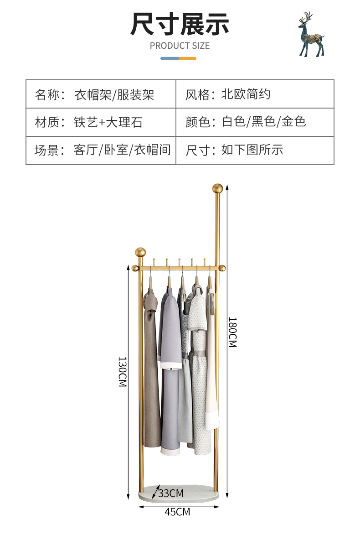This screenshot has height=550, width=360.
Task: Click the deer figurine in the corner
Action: pos(311,34)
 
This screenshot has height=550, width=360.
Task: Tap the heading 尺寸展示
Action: pos(180,24)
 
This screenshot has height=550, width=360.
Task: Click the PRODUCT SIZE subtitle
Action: pos(180,46)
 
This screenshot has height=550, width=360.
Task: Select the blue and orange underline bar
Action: pos(178,58)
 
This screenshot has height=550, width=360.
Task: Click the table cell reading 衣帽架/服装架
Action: pos(114,95)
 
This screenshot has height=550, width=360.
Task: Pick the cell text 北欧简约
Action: pos(246,94)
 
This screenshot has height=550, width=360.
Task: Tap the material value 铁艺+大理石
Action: pos(108,122)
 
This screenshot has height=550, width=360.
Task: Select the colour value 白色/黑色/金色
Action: pos(264,122)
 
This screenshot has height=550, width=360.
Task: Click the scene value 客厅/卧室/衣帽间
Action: pos(122,150)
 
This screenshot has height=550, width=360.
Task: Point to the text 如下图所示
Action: pos(252,150)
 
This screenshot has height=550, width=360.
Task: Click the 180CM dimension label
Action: pos(232,332)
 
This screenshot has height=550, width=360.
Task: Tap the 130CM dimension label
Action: pos(122,372)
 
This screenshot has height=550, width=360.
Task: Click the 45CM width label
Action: pos(177,512)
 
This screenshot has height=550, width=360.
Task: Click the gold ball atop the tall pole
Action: pos(217,188)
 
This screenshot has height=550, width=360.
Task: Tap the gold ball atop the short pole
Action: pos(140,252)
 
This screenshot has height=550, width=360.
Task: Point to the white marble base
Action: pos(178,493)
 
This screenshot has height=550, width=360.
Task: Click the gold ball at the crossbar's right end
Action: pos(222,268)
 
